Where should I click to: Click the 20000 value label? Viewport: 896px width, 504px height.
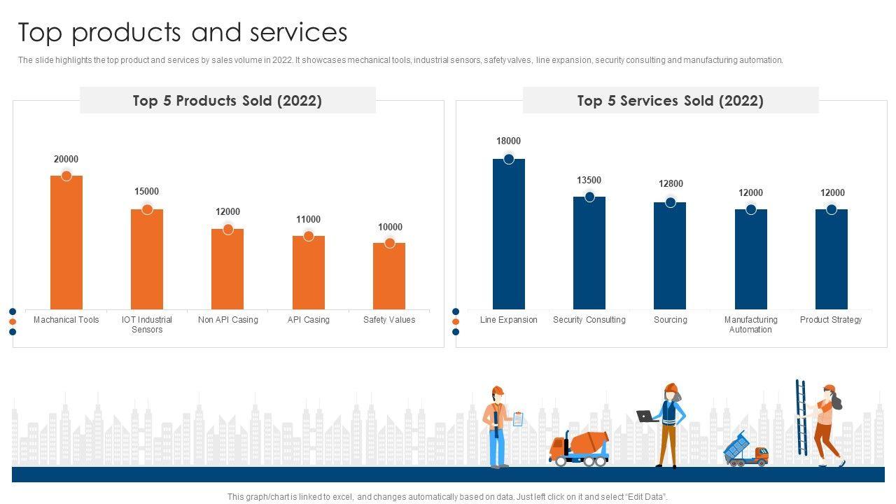coord(66,160)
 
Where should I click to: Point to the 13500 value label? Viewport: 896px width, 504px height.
coord(589,181)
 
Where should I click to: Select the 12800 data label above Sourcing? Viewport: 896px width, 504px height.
coord(671,184)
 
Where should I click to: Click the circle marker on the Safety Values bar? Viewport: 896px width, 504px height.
coord(390,243)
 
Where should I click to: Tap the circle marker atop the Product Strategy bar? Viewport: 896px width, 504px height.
coord(832,209)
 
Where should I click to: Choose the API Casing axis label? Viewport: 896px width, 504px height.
coord(309,320)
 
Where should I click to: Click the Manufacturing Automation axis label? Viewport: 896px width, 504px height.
coord(751,325)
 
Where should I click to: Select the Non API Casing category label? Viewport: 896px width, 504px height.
coord(228,320)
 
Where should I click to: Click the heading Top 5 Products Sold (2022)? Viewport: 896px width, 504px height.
coord(227,101)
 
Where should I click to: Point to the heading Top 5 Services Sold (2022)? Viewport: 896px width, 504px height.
coord(670,101)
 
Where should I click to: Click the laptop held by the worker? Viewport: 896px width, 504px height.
coord(645,416)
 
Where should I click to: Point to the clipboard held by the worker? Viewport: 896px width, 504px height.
coord(518,419)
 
